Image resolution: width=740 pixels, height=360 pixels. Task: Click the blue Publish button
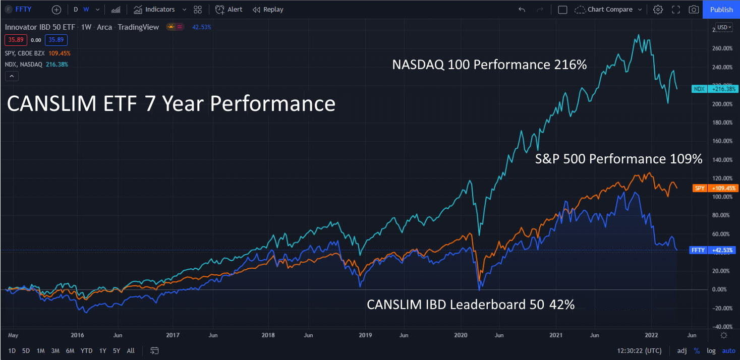721,10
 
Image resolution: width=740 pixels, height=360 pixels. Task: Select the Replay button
268,10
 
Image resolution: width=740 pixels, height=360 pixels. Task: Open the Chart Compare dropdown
609,10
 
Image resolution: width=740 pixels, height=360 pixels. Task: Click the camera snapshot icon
694,10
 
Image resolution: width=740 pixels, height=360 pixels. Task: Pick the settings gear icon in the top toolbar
658,10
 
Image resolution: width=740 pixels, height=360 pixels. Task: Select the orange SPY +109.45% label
715,188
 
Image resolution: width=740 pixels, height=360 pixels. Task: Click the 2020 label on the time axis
461,335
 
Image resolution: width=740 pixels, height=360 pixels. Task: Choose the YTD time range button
86,351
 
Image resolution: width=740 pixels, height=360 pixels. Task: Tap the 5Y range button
117,351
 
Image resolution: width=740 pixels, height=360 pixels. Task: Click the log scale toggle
711,351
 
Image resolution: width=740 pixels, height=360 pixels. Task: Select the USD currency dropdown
723,27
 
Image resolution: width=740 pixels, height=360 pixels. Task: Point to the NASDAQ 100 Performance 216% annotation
489,65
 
